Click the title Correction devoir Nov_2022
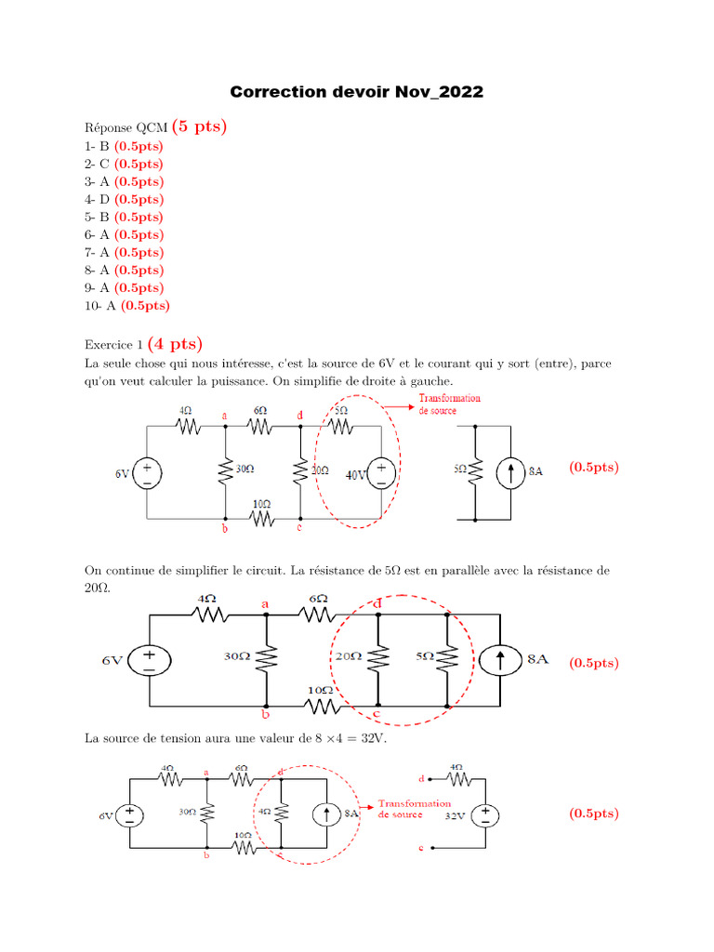pyautogui.click(x=357, y=93)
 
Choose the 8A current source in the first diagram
pyautogui.click(x=510, y=471)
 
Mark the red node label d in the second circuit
pyautogui.click(x=377, y=604)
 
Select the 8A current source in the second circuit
pyautogui.click(x=500, y=659)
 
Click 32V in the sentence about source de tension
pyautogui.click(x=371, y=740)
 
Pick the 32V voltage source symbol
pyautogui.click(x=485, y=815)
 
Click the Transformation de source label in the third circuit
pyautogui.click(x=415, y=809)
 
